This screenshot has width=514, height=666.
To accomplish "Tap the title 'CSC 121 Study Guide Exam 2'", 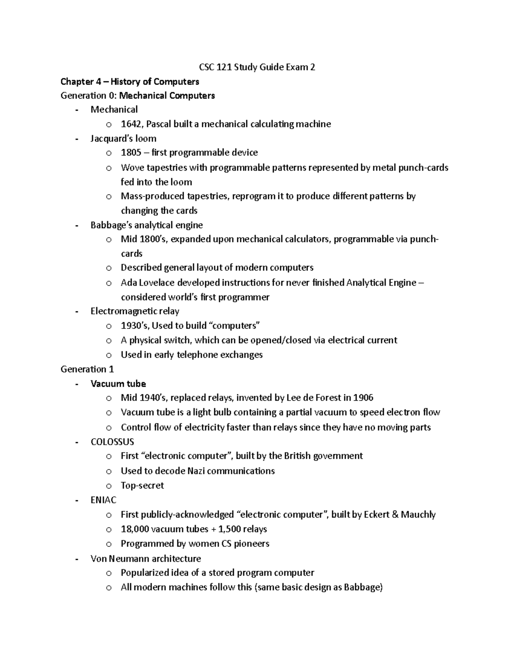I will (x=257, y=67).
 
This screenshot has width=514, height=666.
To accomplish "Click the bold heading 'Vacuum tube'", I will (x=118, y=384).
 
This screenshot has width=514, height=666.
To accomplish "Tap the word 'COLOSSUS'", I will (x=112, y=442).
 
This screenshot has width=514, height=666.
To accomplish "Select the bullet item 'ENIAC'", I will (x=103, y=500).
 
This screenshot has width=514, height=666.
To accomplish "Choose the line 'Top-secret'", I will (x=142, y=485).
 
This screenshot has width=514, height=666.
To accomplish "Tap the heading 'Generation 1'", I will (x=87, y=369).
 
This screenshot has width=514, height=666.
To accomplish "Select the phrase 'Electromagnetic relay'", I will (x=135, y=311).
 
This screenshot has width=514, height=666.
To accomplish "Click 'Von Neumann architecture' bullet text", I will (x=146, y=558).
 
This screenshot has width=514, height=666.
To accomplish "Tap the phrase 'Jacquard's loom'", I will (x=123, y=139).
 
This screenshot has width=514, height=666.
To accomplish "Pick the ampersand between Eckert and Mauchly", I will (x=394, y=515).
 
